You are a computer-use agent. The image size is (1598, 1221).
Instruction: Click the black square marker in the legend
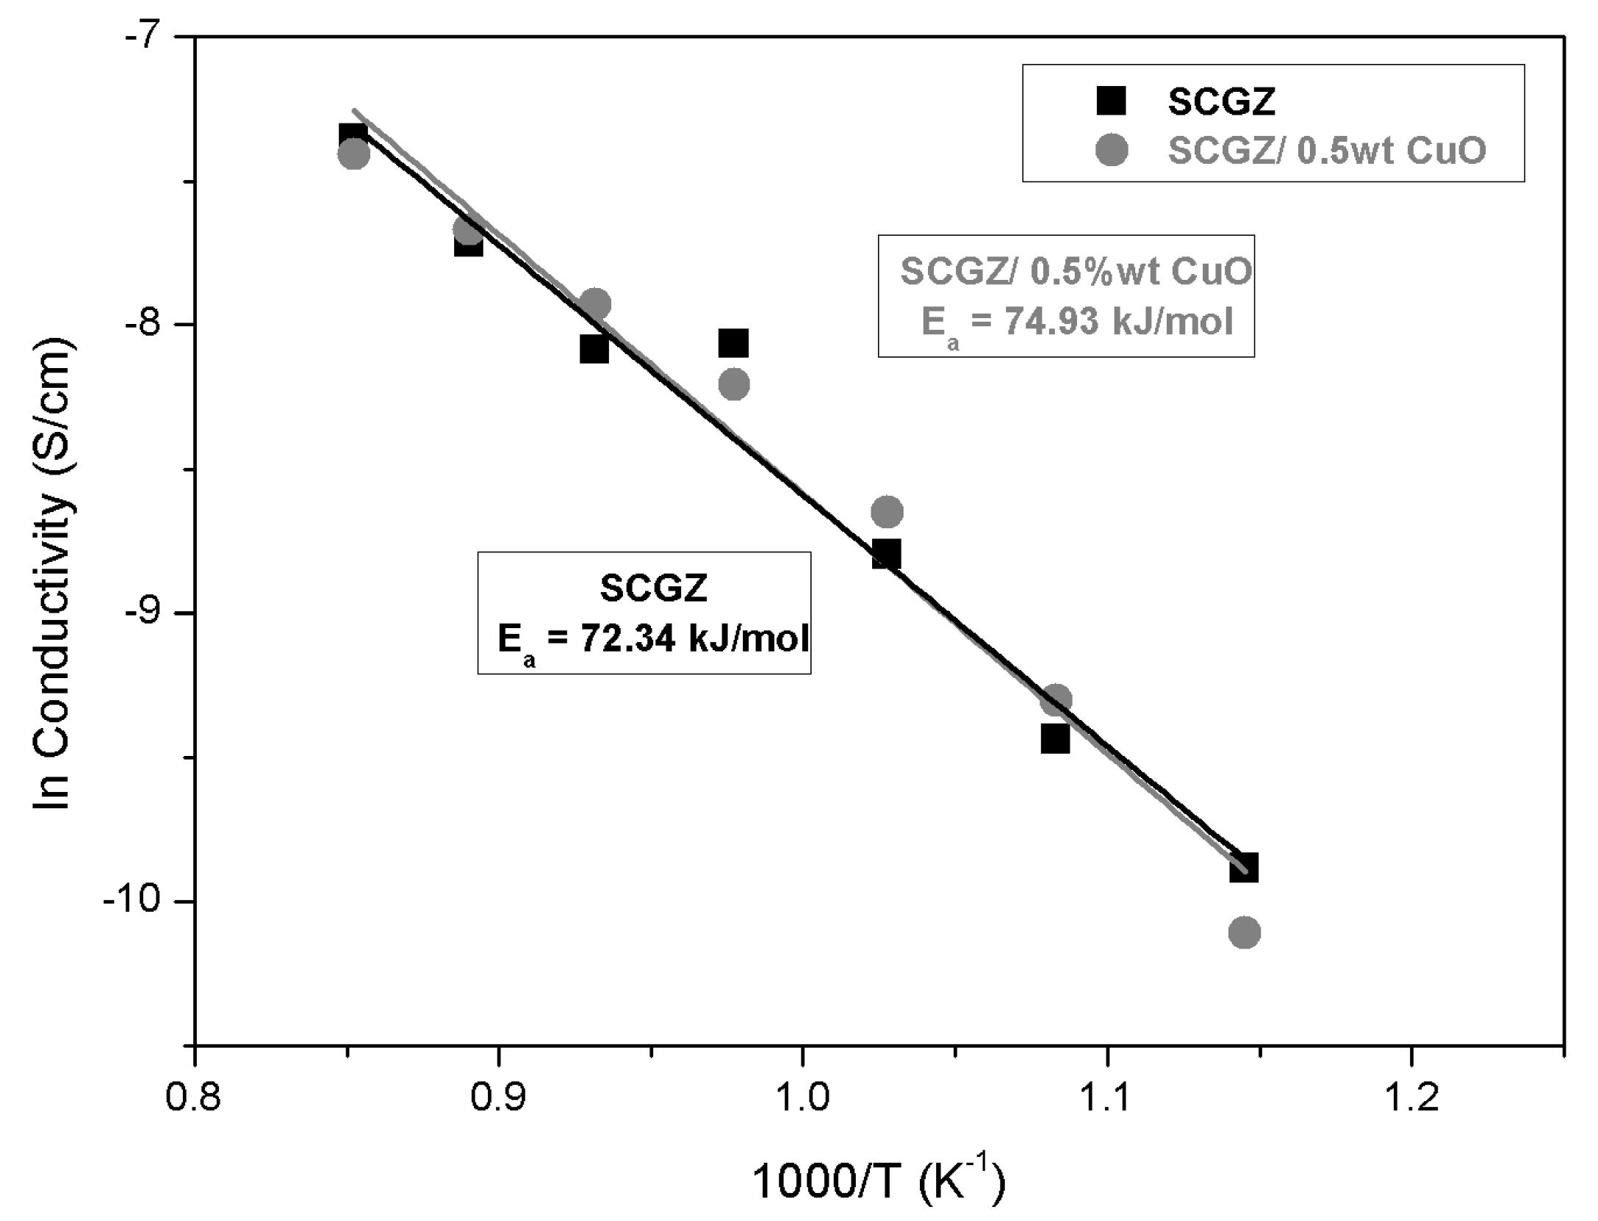coord(1111,101)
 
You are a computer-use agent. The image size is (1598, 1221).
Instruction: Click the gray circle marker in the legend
coord(1111,150)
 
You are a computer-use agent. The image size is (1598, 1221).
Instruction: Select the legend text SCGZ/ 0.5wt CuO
coord(1327,150)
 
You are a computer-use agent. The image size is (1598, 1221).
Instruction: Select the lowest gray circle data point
coord(1244,933)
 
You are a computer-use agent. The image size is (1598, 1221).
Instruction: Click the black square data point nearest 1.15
coord(1244,868)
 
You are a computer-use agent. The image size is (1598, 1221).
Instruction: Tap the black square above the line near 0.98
coord(733,343)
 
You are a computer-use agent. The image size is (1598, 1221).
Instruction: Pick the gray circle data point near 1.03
coord(887,511)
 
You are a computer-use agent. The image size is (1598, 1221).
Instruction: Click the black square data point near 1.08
coord(1055,739)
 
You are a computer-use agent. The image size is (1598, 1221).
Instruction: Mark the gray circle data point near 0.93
coord(595,303)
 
